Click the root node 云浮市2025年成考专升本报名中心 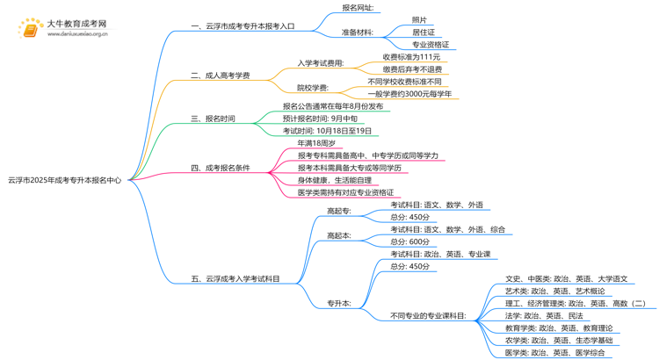coord(64,179)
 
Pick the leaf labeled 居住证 coord(423,32)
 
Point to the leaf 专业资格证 coord(431,44)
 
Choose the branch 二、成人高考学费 coord(220,76)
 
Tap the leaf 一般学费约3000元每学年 coord(410,93)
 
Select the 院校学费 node coord(314,87)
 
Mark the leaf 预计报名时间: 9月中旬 coord(320,118)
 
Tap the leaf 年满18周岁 coord(316,142)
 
